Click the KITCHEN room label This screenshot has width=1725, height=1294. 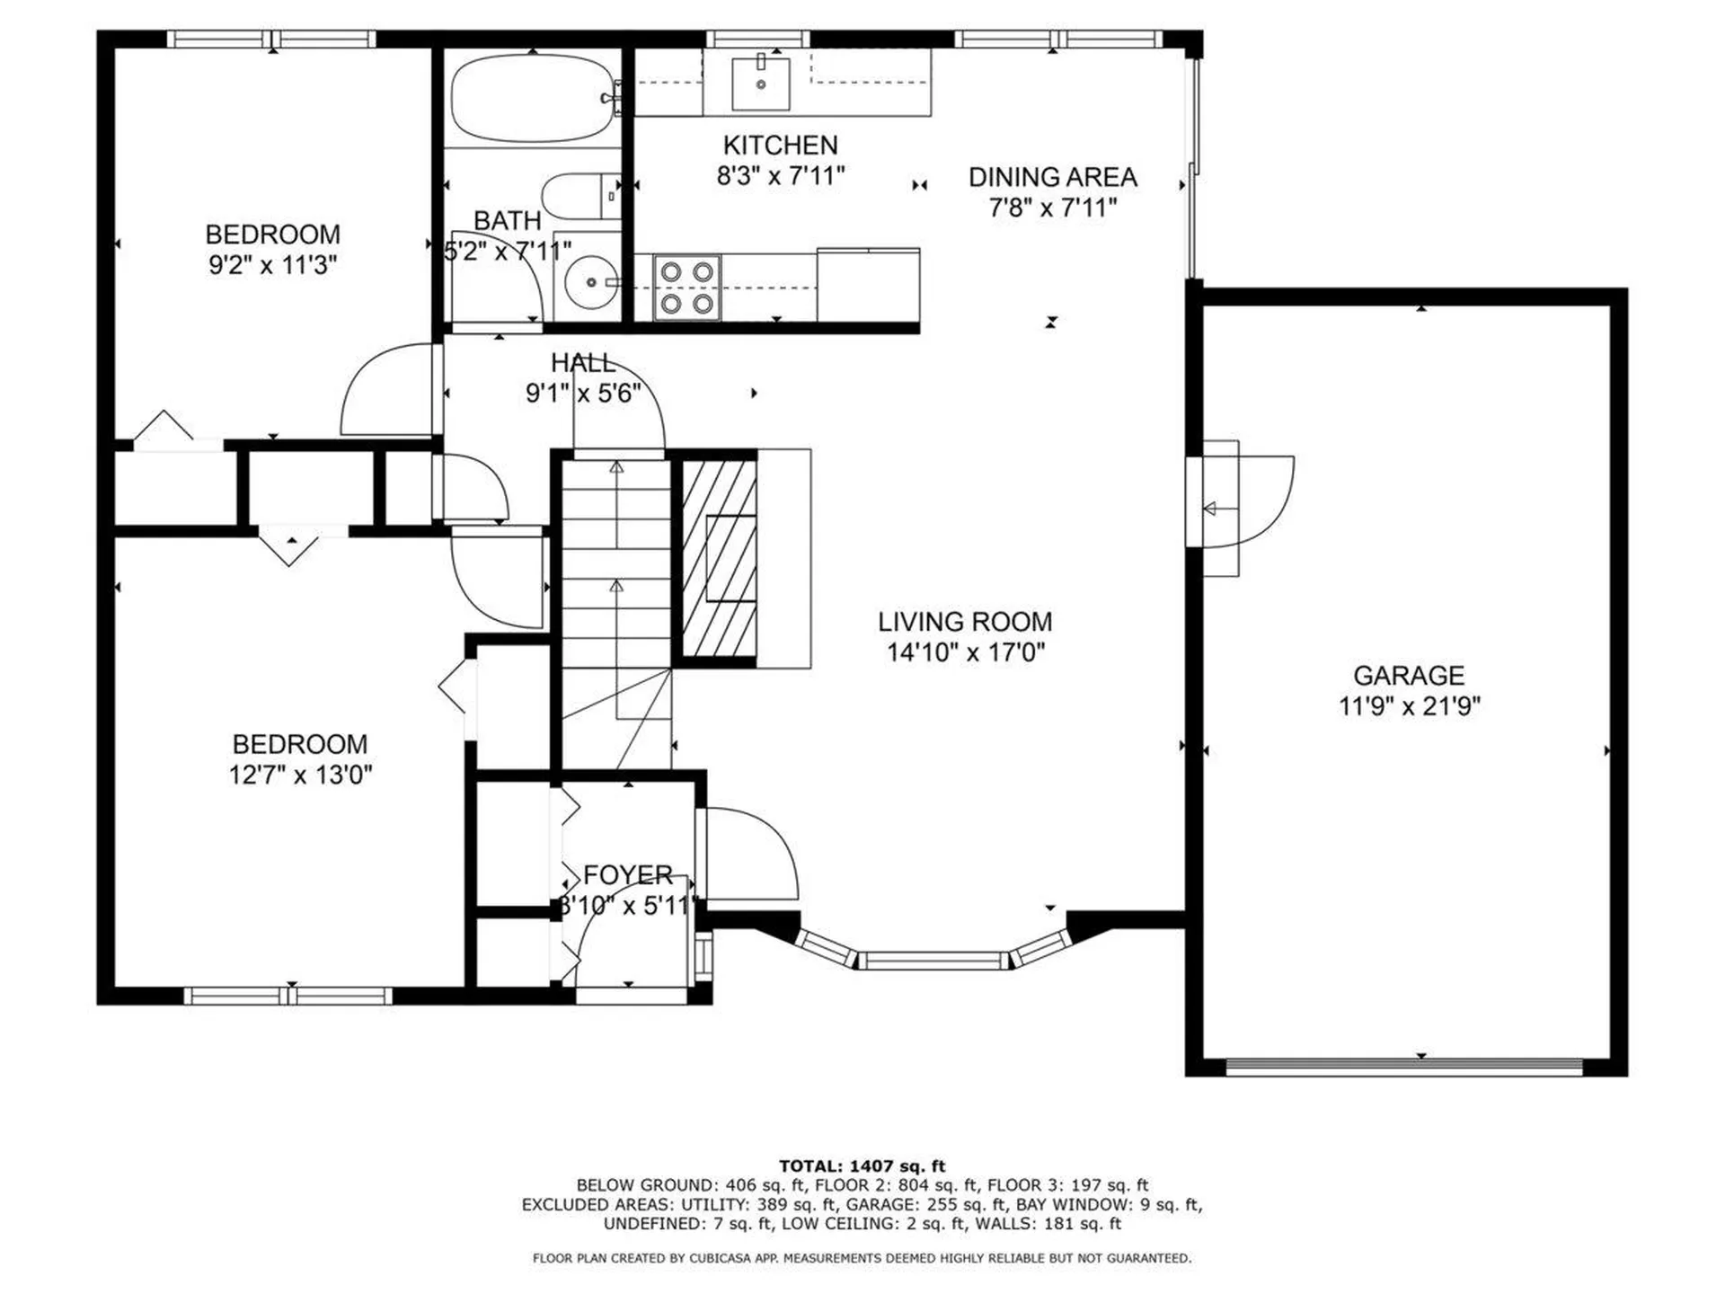(780, 145)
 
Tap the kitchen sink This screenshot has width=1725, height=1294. (760, 83)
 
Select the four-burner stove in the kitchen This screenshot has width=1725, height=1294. (686, 288)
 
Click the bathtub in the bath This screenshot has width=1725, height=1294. (532, 99)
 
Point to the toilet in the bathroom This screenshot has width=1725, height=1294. (579, 197)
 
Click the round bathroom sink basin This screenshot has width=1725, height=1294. (590, 282)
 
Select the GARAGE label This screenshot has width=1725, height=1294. (1408, 675)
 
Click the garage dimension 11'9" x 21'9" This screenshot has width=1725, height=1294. (1409, 706)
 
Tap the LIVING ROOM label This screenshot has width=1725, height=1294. (965, 622)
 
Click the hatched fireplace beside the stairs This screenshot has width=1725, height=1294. (718, 558)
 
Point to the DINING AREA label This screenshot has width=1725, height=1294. (1052, 177)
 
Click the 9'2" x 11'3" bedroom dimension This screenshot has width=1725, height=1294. (272, 265)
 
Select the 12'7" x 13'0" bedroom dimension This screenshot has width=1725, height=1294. (300, 775)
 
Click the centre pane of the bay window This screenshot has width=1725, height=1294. (932, 961)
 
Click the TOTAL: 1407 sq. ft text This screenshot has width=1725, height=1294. (862, 1166)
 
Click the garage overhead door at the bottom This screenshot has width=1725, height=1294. (1403, 1067)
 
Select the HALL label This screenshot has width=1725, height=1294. (583, 363)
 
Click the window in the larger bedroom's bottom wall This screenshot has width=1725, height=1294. (287, 996)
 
